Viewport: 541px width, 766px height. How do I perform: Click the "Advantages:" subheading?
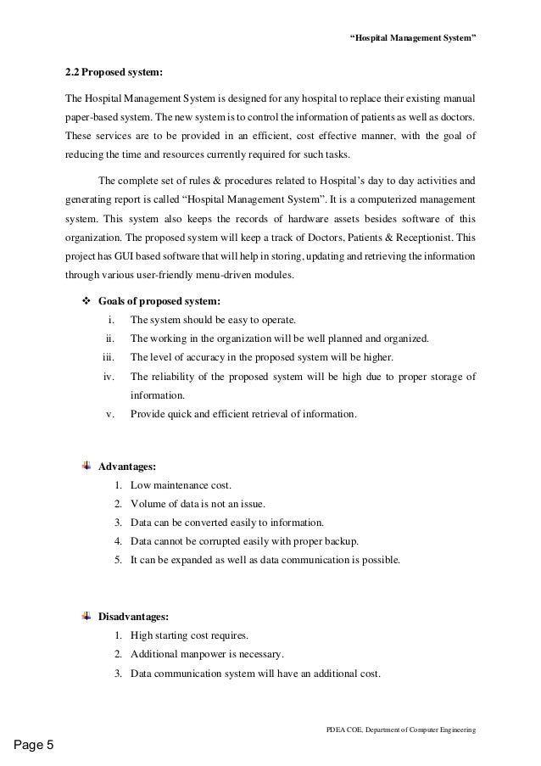pyautogui.click(x=127, y=467)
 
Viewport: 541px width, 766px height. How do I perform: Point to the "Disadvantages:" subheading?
pyautogui.click(x=134, y=616)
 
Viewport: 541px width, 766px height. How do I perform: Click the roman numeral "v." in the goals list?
pyautogui.click(x=110, y=414)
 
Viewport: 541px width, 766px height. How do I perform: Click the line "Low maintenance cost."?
pyautogui.click(x=181, y=485)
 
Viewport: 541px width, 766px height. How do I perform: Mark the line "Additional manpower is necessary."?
pyautogui.click(x=208, y=654)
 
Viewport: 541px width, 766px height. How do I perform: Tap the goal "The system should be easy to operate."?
pyautogui.click(x=213, y=320)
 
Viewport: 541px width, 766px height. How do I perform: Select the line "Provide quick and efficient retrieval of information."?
pyautogui.click(x=243, y=414)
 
